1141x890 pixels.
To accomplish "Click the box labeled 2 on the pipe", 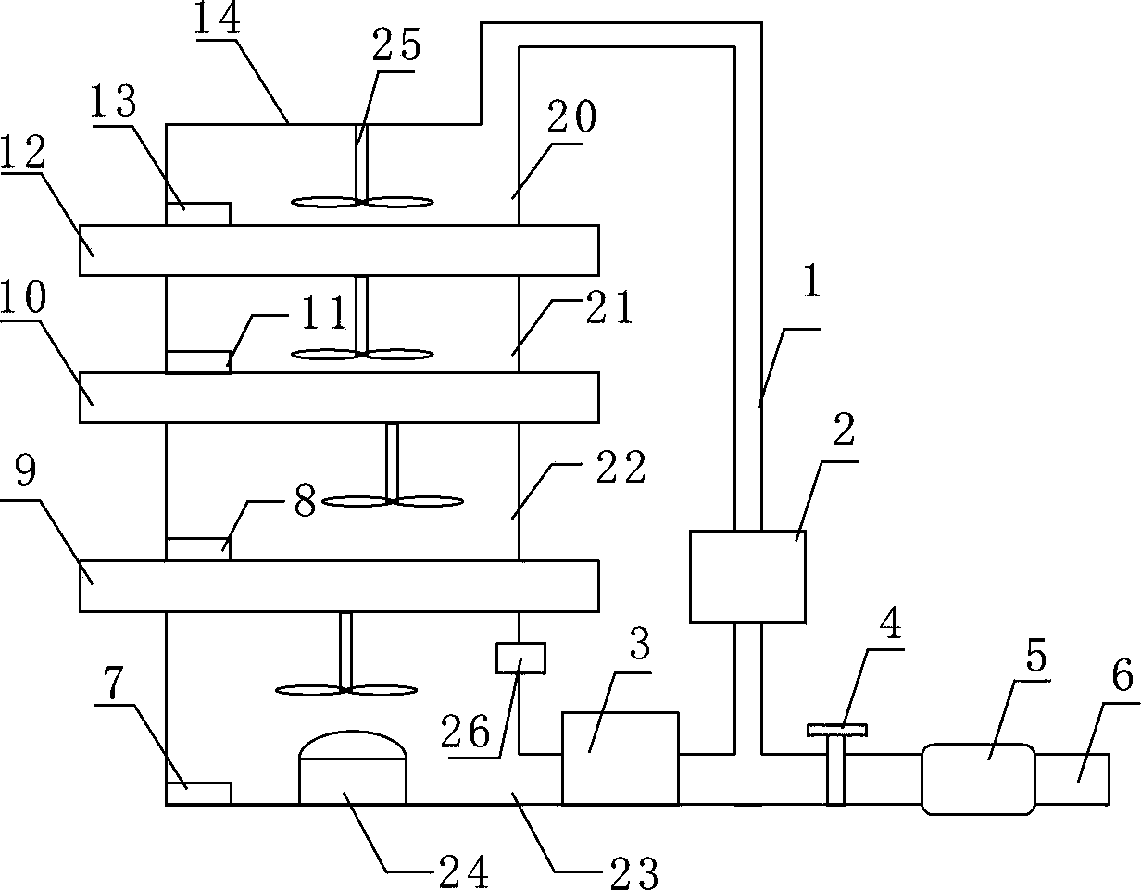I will click(x=747, y=576).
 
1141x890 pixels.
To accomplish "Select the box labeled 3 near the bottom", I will click(x=620, y=758).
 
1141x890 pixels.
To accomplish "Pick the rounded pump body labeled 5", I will click(x=978, y=779).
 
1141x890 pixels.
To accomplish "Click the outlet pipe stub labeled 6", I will click(x=1072, y=779).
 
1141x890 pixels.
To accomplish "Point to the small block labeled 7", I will click(x=198, y=794).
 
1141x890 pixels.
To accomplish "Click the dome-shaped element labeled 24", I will click(x=352, y=766).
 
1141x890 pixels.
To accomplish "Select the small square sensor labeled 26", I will click(x=520, y=658).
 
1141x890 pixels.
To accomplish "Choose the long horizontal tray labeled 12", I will click(x=339, y=250).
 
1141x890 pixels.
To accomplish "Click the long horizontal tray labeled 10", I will click(x=339, y=397).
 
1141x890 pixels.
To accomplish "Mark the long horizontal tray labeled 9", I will click(x=339, y=585).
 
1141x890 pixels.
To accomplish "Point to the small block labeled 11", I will click(x=198, y=361).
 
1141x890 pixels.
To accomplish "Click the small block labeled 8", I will click(x=198, y=548).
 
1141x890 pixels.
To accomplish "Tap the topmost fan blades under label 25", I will click(x=362, y=201).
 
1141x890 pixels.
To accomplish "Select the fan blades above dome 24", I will click(x=345, y=689).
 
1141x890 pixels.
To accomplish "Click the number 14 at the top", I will click(x=218, y=20).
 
